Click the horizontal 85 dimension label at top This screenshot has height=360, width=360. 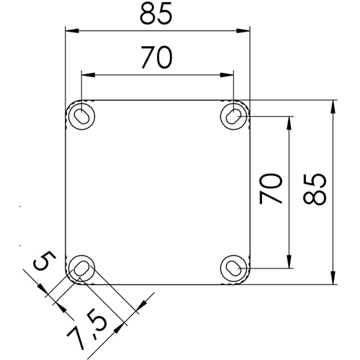tap(156, 14)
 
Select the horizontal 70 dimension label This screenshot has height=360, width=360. tap(156, 58)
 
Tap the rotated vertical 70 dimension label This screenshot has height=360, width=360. tap(271, 189)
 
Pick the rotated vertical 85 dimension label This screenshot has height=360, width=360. tap(315, 189)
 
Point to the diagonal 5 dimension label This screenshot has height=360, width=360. tap(45, 261)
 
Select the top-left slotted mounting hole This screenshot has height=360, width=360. tap(82, 117)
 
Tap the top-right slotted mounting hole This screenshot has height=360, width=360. tap(233, 117)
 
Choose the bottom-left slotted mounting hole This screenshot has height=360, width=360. tap(82, 269)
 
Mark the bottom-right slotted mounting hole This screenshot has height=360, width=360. tap(233, 269)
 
